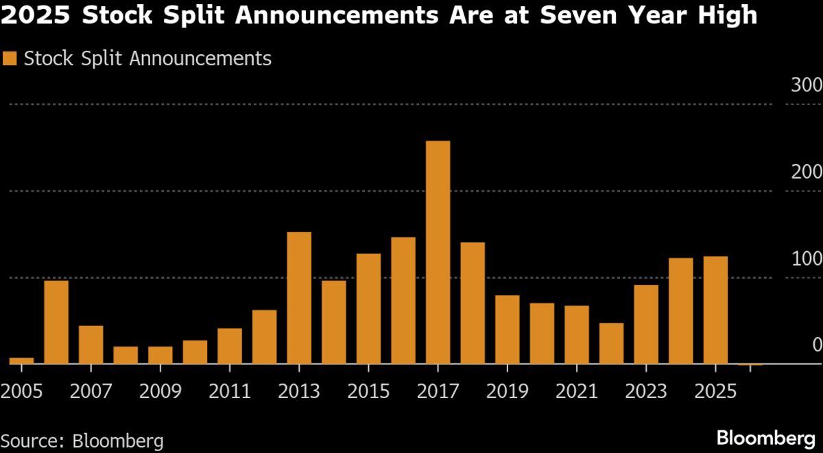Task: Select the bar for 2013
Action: click(299, 298)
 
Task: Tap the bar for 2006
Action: click(56, 322)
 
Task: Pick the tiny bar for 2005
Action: click(21, 360)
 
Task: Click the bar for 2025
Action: click(715, 310)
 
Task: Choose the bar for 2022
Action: click(611, 343)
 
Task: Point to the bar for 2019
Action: click(508, 329)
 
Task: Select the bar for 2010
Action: click(195, 352)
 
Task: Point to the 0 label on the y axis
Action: click(816, 345)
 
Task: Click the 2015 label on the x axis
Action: click(368, 392)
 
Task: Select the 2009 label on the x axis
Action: click(160, 392)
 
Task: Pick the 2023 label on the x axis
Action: click(646, 392)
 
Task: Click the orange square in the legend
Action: click(10, 59)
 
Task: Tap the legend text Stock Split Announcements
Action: click(147, 59)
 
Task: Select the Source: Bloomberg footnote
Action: click(82, 440)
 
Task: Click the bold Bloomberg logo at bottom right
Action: click(765, 437)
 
